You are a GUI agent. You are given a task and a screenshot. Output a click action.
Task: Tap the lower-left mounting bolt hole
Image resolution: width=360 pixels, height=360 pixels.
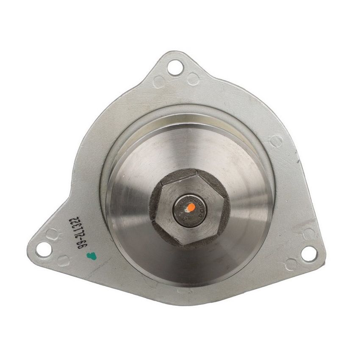click(42, 249)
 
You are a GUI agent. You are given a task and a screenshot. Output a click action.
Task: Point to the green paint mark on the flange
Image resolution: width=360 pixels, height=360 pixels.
click(89, 255)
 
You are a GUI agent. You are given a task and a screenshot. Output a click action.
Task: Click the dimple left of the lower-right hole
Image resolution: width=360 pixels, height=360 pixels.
click(291, 264)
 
